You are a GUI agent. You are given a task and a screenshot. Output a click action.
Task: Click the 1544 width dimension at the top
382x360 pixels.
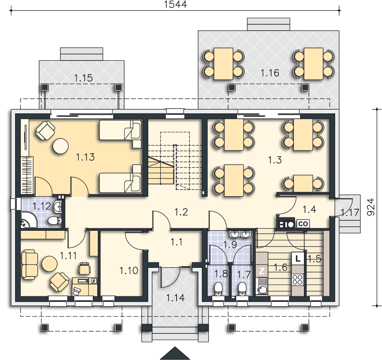coord(175,4)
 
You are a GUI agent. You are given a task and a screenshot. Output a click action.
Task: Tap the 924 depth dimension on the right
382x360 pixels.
coord(370,207)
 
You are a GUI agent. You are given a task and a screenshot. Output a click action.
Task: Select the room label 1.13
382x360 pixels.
coord(85,157)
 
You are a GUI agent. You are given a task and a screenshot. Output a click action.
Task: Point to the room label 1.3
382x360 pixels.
coord(275,160)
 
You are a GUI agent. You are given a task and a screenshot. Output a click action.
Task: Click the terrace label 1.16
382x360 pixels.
coord(270,73)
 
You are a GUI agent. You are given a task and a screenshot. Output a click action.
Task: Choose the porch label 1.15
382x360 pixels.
coord(83,78)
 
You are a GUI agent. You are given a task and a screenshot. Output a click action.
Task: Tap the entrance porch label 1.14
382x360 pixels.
coord(176,298)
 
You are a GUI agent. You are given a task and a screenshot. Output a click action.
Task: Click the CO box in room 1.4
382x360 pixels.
coord(303,224)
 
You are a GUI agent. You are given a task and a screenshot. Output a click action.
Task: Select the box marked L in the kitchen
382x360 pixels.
coord(297,258)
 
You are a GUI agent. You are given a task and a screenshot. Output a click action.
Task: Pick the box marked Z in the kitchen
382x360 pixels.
coord(262,271)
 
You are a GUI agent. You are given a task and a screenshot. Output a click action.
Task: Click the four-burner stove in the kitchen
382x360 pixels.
coord(297,280)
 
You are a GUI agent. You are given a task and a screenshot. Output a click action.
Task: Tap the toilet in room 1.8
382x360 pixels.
coord(218,289)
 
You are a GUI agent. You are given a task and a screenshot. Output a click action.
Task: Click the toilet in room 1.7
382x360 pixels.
coord(242,289)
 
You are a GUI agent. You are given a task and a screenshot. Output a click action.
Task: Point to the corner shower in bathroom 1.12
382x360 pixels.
coord(28,220)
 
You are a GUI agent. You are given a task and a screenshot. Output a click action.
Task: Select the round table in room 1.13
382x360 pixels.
coord(61,146)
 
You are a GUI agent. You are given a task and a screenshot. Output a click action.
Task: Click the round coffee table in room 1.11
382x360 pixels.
coord(49,264)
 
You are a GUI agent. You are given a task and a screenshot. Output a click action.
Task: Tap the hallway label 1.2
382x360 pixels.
coord(181,212)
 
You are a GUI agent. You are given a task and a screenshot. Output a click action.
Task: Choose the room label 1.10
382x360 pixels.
coord(129,270)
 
